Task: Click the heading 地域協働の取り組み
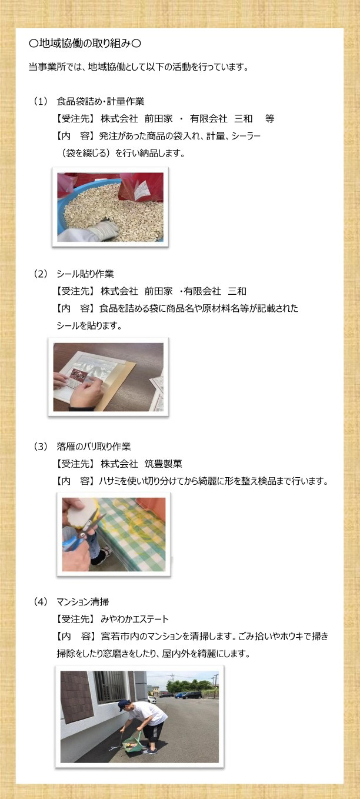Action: coord(85,44)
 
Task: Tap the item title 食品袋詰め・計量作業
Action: coord(100,102)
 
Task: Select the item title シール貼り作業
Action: coord(85,274)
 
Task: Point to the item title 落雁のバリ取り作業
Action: coord(94,447)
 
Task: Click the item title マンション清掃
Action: coord(83,602)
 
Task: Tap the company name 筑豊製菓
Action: coord(163,464)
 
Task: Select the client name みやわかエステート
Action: coord(135,619)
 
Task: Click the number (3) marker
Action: coord(41,447)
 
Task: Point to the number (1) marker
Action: coord(41,102)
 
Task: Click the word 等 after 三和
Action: coord(270,119)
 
